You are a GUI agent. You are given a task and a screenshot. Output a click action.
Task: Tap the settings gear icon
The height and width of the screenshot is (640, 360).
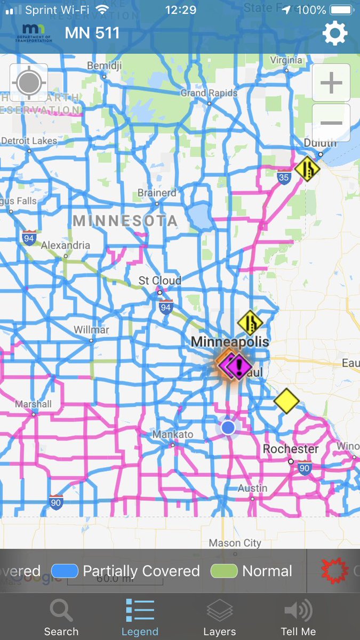coord(335,34)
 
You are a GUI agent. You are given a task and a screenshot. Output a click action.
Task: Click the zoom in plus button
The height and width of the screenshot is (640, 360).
coord(331,83)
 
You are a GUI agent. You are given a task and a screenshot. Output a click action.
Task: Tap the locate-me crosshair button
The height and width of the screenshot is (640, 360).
coord(28,83)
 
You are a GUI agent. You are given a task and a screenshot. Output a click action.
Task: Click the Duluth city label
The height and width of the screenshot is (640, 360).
coord(320,143)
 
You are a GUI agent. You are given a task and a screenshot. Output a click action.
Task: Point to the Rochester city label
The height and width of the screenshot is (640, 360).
coord(291,449)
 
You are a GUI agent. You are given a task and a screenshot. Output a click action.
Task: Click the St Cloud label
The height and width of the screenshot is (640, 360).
coord(160,281)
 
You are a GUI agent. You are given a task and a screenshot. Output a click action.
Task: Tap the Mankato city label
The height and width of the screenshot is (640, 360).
coord(173,434)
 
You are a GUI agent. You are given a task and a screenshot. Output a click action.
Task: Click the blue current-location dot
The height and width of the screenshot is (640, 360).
coord(228,427)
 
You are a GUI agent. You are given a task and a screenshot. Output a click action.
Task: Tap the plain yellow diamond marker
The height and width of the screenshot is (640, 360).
coord(286,401)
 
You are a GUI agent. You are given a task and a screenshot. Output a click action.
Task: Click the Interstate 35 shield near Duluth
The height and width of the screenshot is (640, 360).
coord(284,177)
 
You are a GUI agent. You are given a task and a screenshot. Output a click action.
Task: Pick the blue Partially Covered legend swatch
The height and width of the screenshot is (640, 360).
coord(65,571)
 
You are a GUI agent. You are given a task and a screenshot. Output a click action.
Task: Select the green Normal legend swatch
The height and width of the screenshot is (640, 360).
coord(224,571)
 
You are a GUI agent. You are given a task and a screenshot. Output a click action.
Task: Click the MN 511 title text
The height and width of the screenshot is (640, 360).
coord(92,33)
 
